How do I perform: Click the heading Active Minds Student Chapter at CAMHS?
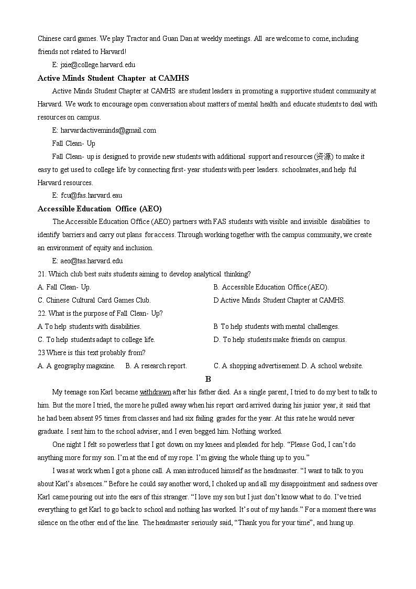113,78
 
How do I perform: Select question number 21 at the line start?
42,274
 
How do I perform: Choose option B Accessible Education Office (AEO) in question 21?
271,287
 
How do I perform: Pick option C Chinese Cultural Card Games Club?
94,300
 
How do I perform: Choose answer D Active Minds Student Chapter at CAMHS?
279,300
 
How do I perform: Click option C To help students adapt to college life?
96,339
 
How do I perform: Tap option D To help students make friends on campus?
280,339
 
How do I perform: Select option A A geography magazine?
76,366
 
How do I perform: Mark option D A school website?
332,366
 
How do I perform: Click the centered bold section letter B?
208,379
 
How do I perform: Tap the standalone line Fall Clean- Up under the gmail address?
74,143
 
